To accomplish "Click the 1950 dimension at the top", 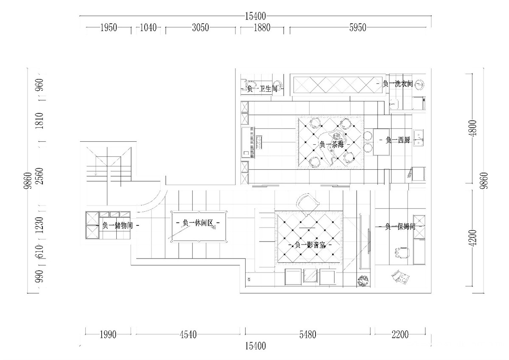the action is [109, 28].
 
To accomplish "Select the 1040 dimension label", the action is [148, 28].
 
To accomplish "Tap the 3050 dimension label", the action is [200, 28].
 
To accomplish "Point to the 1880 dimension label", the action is [262, 28].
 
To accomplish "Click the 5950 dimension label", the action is [358, 28].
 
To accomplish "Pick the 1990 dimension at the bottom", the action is [108, 335].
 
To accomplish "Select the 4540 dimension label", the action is [188, 335].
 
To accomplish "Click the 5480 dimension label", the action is [308, 335].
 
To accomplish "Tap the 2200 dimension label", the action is [400, 335].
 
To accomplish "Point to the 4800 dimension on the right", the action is [473, 128].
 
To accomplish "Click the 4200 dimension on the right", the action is [473, 238].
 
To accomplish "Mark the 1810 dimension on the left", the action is [39, 121].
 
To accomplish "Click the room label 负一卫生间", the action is [262, 89].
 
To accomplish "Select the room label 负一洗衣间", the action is [398, 84].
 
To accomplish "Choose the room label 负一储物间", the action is [117, 225].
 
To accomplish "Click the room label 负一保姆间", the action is [400, 227].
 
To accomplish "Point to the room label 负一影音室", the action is [310, 245].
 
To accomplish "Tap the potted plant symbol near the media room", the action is [363, 281].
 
